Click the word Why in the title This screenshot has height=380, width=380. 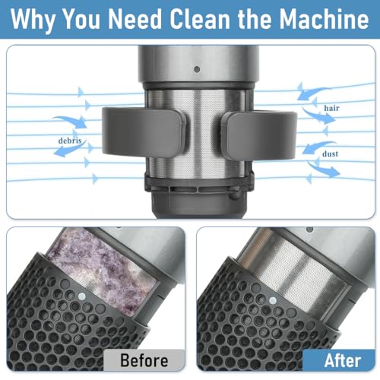(39, 20)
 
